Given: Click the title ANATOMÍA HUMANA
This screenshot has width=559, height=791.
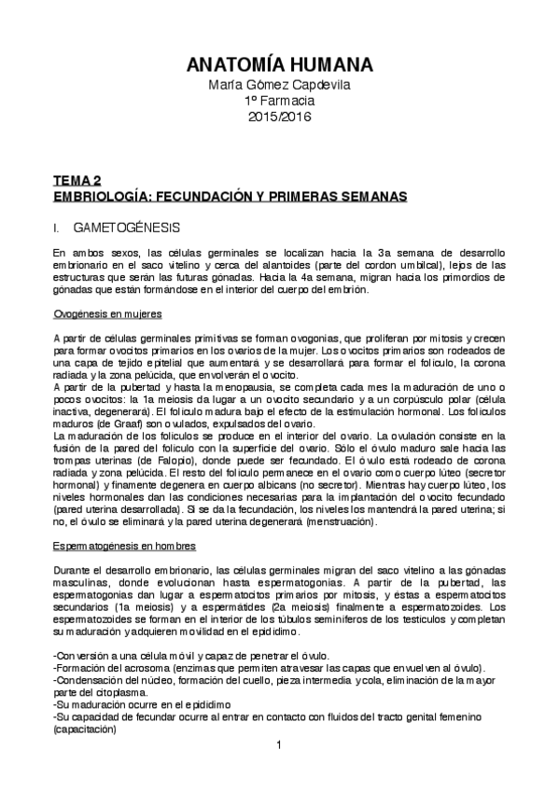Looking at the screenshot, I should pyautogui.click(x=279, y=64).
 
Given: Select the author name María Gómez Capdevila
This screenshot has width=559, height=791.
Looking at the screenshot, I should pyautogui.click(x=279, y=86).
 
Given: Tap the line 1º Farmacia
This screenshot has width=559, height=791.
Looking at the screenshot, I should pyautogui.click(x=279, y=101).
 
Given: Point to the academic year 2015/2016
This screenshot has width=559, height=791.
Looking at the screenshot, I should pyautogui.click(x=279, y=117).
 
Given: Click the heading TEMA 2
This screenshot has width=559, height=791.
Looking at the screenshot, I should pyautogui.click(x=77, y=183).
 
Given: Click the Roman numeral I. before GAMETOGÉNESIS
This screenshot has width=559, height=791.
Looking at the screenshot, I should pyautogui.click(x=58, y=227).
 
